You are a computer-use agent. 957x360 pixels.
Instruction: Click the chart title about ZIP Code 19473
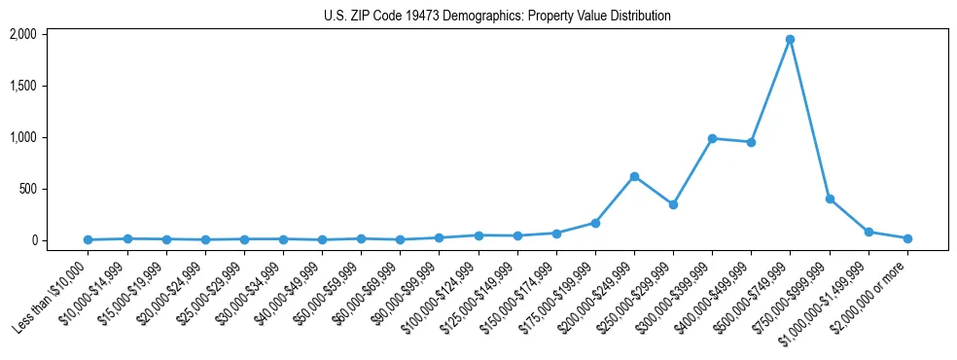(x=497, y=16)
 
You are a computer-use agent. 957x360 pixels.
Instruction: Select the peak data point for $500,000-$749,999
(x=790, y=40)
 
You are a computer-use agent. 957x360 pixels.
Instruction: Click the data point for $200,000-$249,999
(x=634, y=176)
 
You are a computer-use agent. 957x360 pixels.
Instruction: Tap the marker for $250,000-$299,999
(x=673, y=204)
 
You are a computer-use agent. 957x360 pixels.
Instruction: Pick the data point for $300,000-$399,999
(x=712, y=138)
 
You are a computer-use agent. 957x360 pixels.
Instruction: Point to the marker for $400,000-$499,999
(x=751, y=142)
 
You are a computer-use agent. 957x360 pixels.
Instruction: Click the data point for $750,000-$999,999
(x=830, y=198)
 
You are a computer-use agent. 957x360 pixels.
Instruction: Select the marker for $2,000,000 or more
(x=907, y=238)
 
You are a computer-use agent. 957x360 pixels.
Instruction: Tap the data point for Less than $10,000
(x=89, y=239)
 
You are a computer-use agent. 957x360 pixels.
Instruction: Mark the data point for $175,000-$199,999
(x=595, y=223)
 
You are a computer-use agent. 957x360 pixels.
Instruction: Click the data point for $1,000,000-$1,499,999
(x=868, y=232)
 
